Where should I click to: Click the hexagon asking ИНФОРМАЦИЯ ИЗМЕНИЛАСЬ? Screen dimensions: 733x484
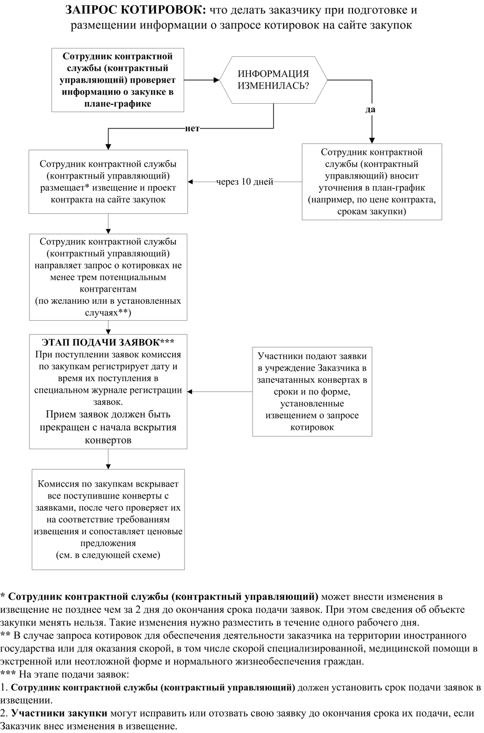pos(274,80)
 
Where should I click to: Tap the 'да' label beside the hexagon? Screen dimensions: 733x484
pos(370,110)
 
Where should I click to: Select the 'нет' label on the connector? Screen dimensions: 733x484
pos(192,129)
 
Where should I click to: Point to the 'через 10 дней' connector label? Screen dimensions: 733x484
pos(245,182)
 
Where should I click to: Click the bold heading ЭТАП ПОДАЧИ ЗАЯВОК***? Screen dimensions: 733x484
pos(108,341)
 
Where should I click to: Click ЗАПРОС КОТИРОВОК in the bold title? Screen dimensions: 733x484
pos(136,11)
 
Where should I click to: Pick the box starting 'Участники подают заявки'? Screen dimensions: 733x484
pos(312,390)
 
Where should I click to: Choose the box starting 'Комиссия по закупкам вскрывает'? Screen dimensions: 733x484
pos(108,519)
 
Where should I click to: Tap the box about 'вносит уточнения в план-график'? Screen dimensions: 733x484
pos(372,182)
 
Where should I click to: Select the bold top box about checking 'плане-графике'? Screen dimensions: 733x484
pos(118,80)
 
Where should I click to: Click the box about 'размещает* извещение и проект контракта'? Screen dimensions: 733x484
pos(108,182)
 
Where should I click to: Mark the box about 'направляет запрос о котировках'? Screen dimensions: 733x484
pos(108,276)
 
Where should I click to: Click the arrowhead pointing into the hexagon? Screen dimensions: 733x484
pos(216,80)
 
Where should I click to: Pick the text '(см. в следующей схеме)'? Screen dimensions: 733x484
pos(108,555)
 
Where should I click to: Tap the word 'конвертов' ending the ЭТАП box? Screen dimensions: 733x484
pos(108,440)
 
